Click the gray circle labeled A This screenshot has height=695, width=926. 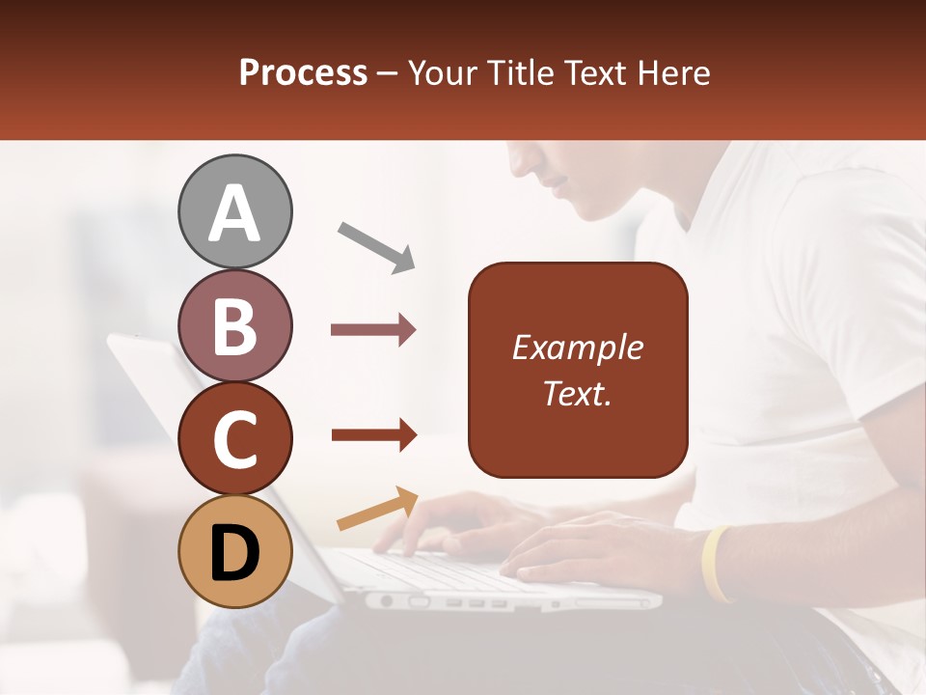[235, 211]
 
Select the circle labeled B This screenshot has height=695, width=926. [235, 325]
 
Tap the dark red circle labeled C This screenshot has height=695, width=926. [235, 439]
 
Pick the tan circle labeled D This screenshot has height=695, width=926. [235, 552]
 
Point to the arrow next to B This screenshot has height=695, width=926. [373, 330]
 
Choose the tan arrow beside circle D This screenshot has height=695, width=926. [377, 509]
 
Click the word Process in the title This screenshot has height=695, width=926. [303, 72]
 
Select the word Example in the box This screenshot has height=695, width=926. [577, 347]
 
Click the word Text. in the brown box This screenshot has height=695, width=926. [577, 393]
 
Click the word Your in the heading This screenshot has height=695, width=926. [439, 72]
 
